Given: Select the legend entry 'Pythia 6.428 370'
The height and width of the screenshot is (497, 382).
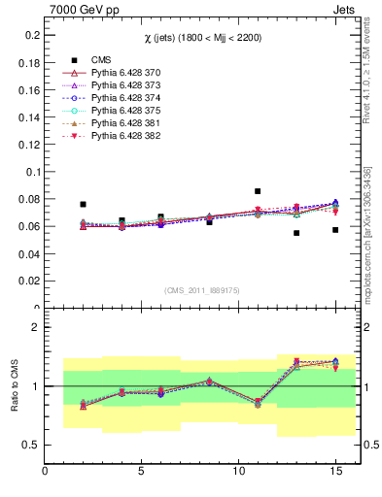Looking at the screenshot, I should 125,73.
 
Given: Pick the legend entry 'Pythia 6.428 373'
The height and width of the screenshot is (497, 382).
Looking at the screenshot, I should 125,85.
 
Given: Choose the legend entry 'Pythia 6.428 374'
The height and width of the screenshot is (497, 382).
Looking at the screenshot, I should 125,98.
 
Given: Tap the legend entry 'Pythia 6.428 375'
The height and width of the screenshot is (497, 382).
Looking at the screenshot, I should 125,111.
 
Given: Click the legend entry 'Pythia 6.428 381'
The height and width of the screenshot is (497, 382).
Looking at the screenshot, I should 125,123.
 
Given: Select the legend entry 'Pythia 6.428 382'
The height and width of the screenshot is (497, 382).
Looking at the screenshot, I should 125,136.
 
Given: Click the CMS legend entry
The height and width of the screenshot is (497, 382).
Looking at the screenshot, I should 102,60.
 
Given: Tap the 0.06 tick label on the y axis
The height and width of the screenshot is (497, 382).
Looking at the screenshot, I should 28,226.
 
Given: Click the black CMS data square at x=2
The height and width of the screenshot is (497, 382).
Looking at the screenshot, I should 83,204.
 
